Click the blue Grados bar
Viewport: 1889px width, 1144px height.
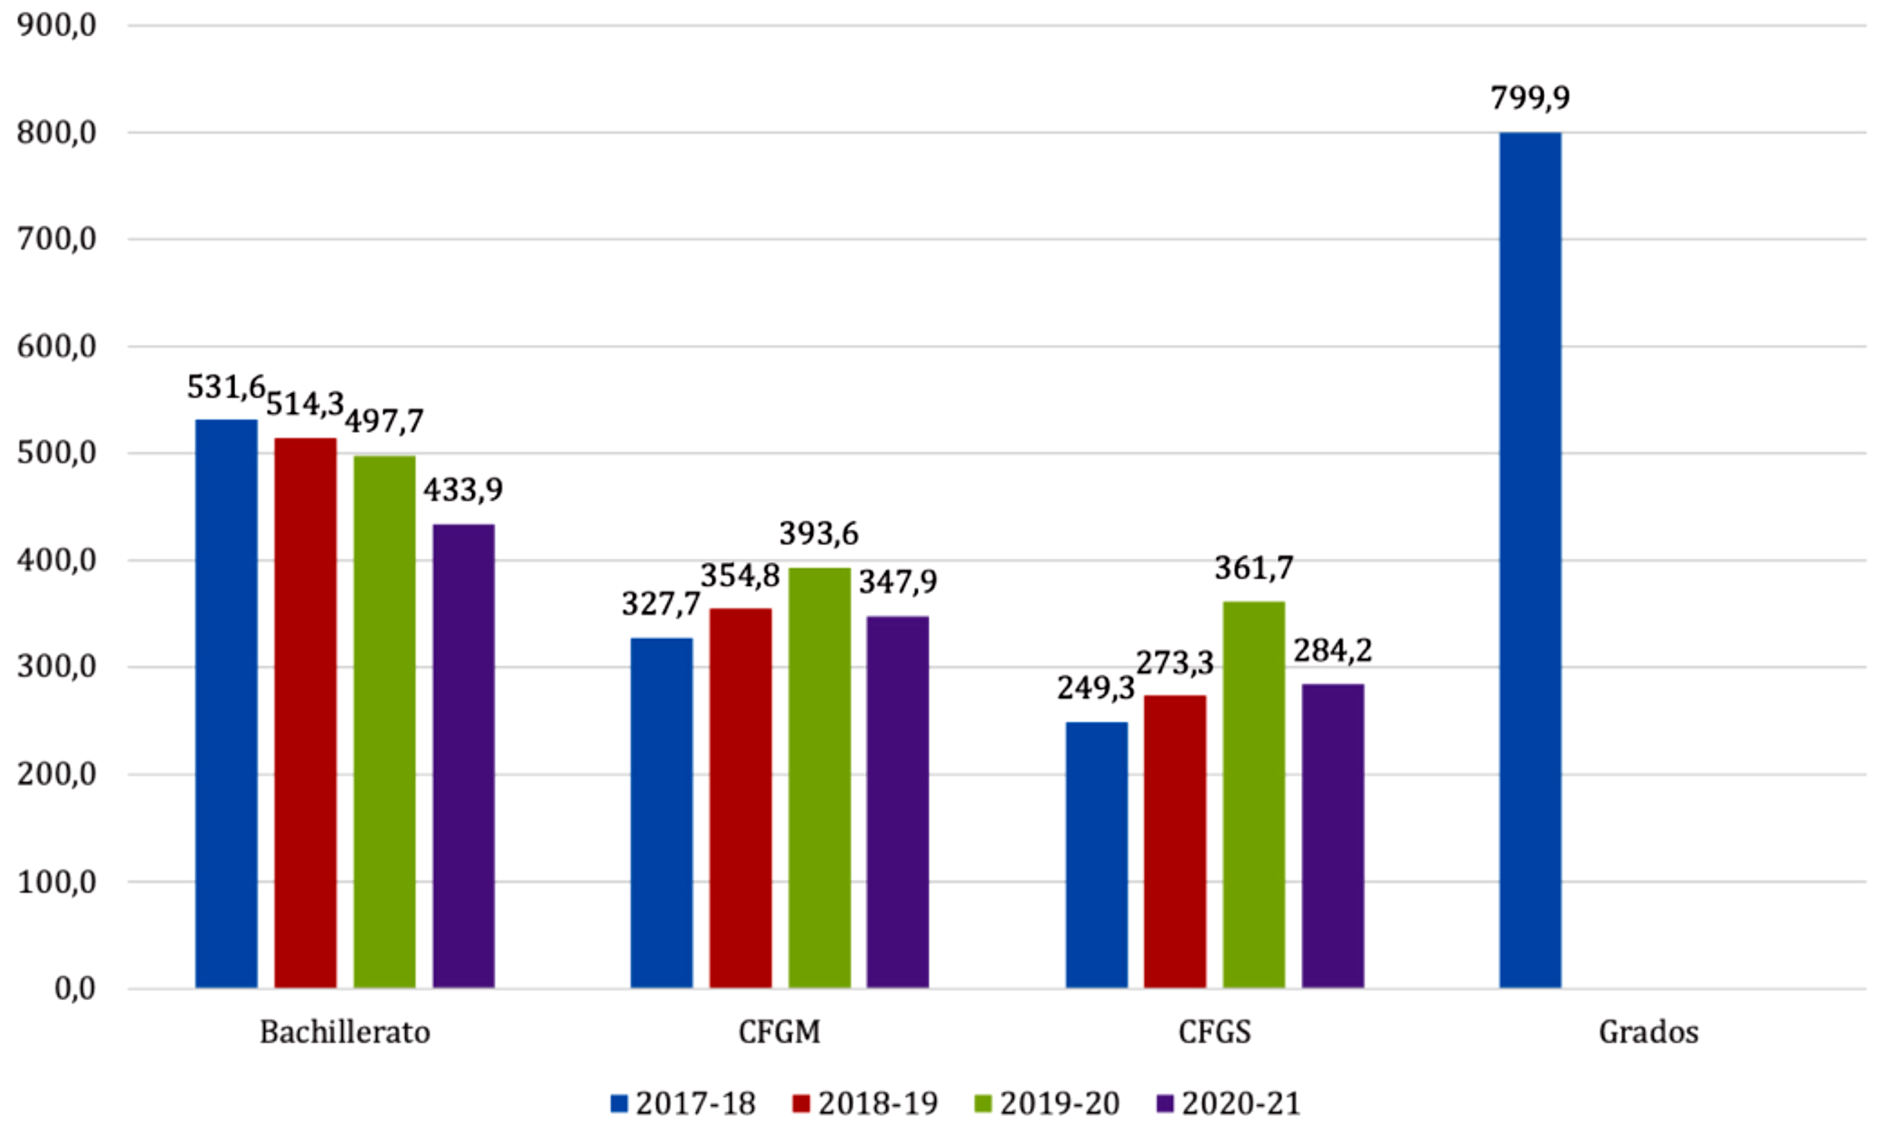pos(1530,560)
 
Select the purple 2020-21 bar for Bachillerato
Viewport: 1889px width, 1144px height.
pos(463,756)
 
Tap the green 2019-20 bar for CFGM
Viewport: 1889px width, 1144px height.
pos(820,778)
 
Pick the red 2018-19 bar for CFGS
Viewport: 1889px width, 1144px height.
pos(1175,841)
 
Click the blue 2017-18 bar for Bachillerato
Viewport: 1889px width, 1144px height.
pos(226,703)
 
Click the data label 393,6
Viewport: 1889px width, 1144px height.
pos(819,534)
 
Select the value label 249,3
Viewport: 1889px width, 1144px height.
pos(1095,688)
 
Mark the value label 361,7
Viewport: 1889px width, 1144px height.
pos(1254,568)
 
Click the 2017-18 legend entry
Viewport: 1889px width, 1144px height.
pos(683,1103)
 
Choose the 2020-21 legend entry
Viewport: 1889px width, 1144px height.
pos(1229,1103)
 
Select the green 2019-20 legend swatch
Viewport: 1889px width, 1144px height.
pos(983,1104)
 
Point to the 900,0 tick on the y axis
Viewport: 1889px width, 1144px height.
pos(57,26)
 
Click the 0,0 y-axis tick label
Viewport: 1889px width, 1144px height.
pos(75,989)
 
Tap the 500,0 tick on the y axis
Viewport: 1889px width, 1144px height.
pos(57,453)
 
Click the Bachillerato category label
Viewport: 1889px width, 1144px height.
pos(345,1032)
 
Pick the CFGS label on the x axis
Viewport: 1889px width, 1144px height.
pos(1215,1032)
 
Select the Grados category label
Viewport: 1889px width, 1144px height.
pos(1649,1032)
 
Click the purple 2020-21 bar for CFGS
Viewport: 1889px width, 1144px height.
pos(1333,836)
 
